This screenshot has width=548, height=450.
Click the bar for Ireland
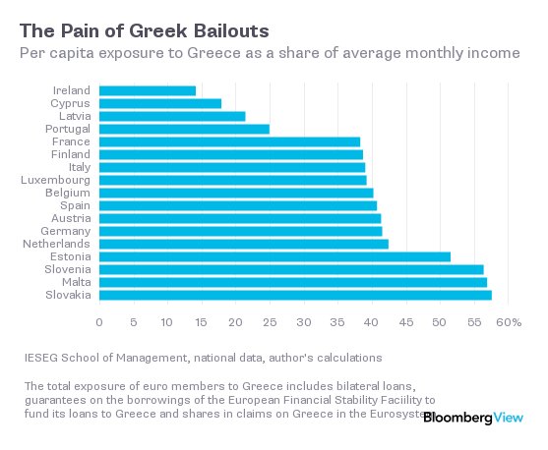click(148, 91)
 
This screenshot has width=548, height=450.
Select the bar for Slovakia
click(295, 294)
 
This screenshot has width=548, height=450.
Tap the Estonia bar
click(274, 256)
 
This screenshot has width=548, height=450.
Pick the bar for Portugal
click(184, 129)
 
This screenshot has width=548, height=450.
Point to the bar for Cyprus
click(160, 103)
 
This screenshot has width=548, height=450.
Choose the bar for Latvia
click(172, 116)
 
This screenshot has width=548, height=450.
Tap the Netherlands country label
click(60, 244)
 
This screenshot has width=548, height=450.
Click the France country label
click(72, 141)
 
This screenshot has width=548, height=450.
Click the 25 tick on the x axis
click(270, 322)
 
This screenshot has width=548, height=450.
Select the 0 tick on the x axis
click(99, 322)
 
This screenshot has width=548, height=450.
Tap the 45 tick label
click(405, 322)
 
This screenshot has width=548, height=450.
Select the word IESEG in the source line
click(41, 358)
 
